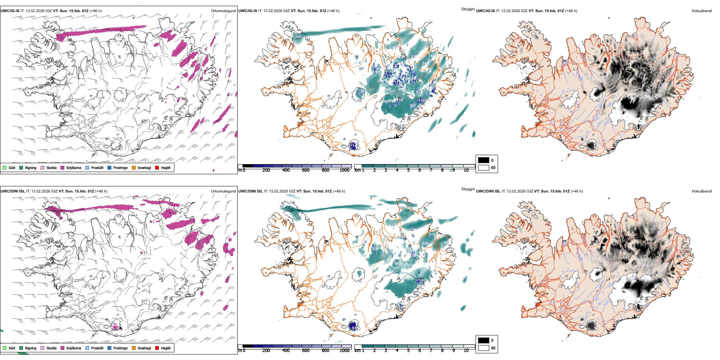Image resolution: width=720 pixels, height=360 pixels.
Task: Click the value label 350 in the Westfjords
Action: pyautogui.click(x=298, y=37)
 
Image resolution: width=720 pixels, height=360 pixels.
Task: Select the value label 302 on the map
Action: pyautogui.click(x=375, y=249)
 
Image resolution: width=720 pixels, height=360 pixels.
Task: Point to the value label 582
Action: pyautogui.click(x=398, y=264)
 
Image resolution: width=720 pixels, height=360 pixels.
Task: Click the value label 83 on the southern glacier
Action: pyautogui.click(x=354, y=328)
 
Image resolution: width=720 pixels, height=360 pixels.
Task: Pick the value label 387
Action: pyautogui.click(x=413, y=106)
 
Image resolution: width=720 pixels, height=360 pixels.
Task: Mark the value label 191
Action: pyautogui.click(x=422, y=281)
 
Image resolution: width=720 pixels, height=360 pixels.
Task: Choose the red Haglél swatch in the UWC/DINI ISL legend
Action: pyautogui.click(x=157, y=348)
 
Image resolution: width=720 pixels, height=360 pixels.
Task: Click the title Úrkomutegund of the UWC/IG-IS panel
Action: pyautogui.click(x=223, y=11)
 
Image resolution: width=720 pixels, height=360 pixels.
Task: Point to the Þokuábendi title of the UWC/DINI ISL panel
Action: pyautogui.click(x=701, y=191)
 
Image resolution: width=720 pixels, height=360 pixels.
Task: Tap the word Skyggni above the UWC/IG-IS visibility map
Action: pyautogui.click(x=468, y=9)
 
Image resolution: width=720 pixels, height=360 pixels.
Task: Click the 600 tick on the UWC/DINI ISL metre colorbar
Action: pyautogui.click(x=305, y=351)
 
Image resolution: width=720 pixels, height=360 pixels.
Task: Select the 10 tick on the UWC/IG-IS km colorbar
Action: pyautogui.click(x=466, y=170)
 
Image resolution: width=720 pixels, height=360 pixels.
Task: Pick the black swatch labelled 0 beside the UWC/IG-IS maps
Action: pyautogui.click(x=484, y=160)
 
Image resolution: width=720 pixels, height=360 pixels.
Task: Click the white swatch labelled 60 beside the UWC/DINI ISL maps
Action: pyautogui.click(x=484, y=347)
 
